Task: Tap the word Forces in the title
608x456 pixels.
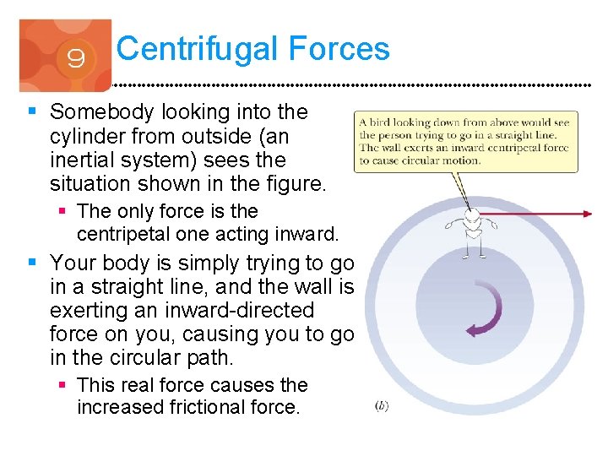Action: coord(339,48)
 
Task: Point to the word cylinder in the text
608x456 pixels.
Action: coord(86,135)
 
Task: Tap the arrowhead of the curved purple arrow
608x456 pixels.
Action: coord(471,330)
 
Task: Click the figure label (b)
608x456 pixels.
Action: coord(381,406)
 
